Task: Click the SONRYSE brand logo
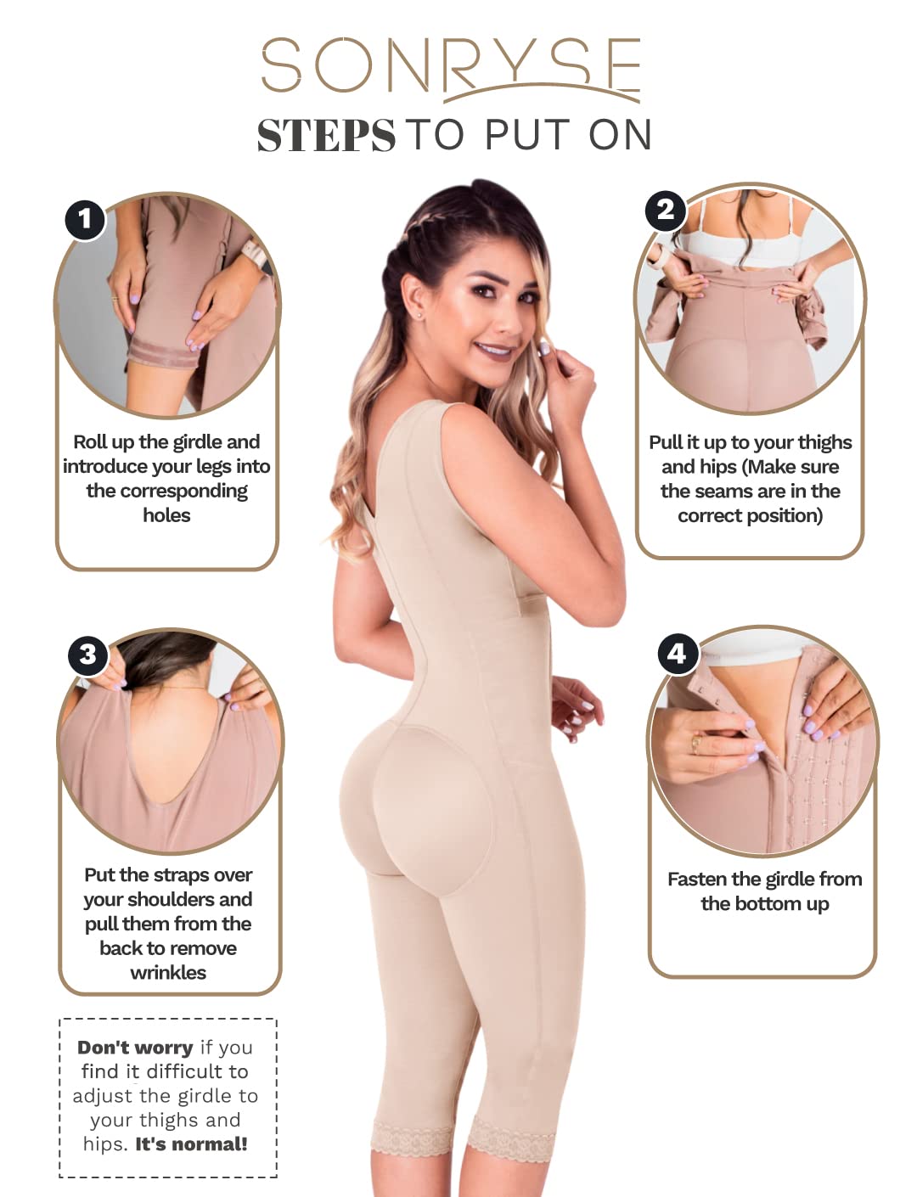451,69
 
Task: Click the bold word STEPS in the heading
326,135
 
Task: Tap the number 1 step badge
84,219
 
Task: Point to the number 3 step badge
87,655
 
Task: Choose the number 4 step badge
677,654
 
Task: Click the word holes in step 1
166,515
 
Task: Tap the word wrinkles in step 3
168,973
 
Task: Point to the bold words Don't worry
135,1048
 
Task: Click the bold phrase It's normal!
192,1144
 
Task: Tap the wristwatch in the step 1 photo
255,255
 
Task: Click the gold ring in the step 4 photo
696,745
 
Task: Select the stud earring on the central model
421,316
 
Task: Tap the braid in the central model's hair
402,264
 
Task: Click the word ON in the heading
620,135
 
